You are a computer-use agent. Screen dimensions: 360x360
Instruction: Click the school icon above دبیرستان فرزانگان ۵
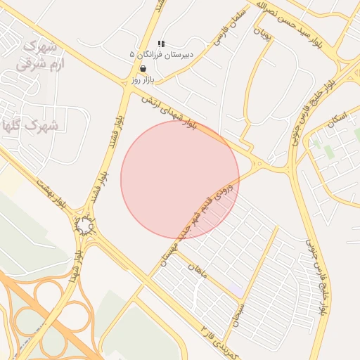[161, 44]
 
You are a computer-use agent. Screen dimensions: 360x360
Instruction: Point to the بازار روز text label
[143, 80]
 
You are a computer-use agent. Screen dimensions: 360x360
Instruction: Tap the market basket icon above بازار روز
[143, 69]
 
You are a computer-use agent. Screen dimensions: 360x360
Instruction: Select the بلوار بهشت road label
[53, 192]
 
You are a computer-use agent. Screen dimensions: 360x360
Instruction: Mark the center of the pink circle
[180, 179]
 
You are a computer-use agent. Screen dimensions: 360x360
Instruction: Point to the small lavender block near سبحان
[236, 289]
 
